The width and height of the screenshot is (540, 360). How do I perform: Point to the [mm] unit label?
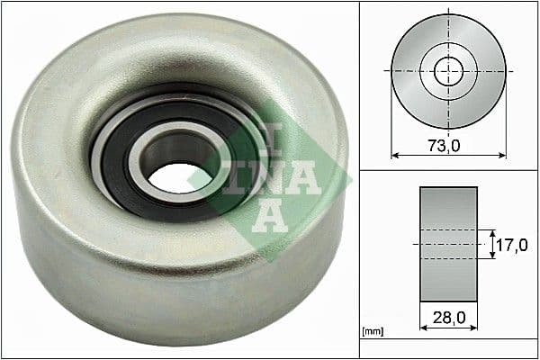(371, 333)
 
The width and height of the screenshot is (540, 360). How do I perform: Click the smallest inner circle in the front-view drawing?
(448, 70)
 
